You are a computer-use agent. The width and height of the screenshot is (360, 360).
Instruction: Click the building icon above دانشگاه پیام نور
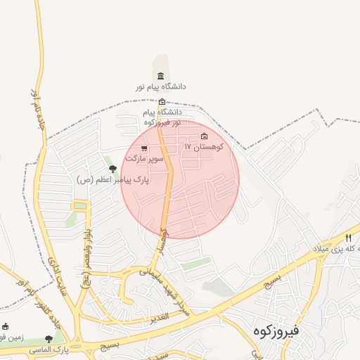pos(161,76)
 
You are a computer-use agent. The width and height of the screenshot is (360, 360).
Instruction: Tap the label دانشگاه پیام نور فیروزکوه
pos(162,117)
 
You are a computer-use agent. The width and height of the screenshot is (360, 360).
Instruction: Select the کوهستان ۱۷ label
pos(204,147)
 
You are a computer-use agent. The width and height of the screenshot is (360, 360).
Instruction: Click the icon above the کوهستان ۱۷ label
pos(205,136)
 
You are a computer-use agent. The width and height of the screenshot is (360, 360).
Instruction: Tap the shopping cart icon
pos(144,148)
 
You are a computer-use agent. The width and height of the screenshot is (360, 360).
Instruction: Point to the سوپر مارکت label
pos(144,159)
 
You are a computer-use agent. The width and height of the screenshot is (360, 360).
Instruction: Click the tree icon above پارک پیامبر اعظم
pos(112,169)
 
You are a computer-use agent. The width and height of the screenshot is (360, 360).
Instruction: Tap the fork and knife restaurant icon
pos(348,238)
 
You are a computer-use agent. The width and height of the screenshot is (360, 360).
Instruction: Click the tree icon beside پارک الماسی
pos(49,340)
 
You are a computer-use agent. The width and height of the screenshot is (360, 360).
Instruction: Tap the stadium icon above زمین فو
pos(6,326)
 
